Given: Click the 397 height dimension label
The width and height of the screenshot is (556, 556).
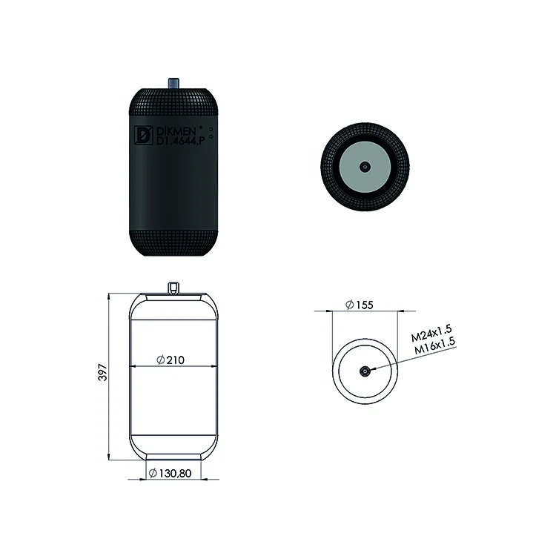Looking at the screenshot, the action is (x=102, y=372).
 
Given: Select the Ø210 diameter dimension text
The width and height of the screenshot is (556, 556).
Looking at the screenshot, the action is (x=171, y=360).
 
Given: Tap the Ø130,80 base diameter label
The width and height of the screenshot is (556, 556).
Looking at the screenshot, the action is (x=171, y=473).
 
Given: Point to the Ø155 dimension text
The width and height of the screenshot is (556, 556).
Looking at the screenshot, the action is (x=360, y=305).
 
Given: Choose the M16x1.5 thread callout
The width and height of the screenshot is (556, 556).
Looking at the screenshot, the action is (x=434, y=345).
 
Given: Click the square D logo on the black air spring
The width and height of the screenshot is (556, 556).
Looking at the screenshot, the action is (x=143, y=136).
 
